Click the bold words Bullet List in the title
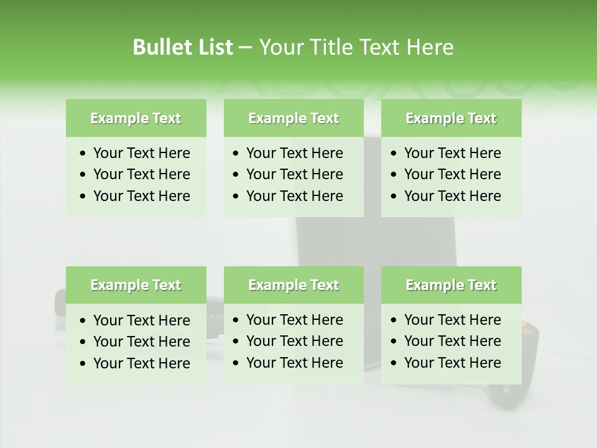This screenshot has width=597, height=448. (x=183, y=47)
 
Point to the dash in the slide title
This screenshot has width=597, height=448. (x=246, y=48)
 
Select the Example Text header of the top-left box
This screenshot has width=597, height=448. (x=136, y=118)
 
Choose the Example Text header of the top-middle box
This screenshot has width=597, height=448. (x=294, y=118)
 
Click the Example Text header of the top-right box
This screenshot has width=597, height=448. (x=451, y=118)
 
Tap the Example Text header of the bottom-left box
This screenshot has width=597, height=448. (x=136, y=285)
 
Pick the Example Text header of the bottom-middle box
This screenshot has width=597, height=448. (x=294, y=285)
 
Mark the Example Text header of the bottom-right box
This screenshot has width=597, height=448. (x=451, y=285)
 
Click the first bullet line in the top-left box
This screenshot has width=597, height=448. (x=141, y=153)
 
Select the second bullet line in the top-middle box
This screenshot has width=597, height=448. (x=294, y=174)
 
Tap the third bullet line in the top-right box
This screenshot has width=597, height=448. (x=452, y=196)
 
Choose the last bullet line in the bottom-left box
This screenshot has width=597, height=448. (x=141, y=363)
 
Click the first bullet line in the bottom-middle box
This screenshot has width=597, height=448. (x=294, y=320)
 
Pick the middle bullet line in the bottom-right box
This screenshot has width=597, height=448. (x=452, y=341)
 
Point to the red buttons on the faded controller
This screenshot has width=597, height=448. (x=526, y=327)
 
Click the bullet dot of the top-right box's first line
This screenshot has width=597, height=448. (x=394, y=154)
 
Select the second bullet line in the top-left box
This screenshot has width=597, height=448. (x=141, y=174)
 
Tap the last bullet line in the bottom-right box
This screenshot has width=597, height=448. (x=452, y=363)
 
